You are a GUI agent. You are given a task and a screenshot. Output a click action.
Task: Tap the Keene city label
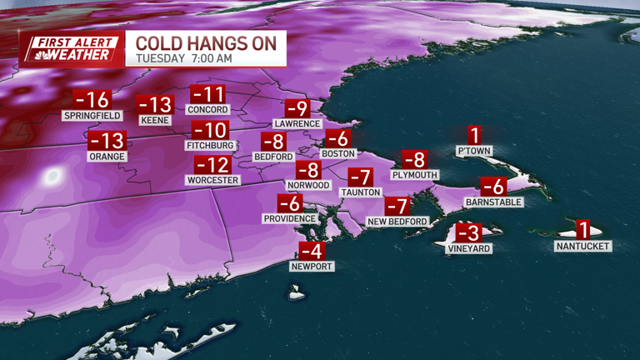(x=156, y=120)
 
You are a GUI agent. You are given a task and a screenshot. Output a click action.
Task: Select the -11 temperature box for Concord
(x=208, y=94)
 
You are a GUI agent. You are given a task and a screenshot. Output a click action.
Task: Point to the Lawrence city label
(x=297, y=123)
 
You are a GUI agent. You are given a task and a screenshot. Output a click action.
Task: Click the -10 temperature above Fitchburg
(x=210, y=131)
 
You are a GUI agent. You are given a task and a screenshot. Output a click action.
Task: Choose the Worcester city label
(x=213, y=180)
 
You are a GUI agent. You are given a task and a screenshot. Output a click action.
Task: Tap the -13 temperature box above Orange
(x=107, y=141)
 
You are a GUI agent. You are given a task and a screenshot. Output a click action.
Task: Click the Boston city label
(x=338, y=153)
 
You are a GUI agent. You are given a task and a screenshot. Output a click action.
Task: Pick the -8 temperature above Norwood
(x=307, y=171)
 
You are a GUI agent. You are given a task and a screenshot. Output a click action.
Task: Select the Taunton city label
(x=360, y=192)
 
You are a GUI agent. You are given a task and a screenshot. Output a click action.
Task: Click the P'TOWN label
(x=474, y=151)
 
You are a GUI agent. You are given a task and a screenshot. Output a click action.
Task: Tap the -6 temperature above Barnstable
(x=494, y=187)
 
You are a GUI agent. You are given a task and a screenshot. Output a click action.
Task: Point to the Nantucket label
(x=583, y=246)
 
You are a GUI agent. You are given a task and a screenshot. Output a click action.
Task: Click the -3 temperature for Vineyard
(x=469, y=234)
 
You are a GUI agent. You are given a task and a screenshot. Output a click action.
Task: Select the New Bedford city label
(x=397, y=221)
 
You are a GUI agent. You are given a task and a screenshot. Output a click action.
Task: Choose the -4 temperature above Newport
(x=312, y=251)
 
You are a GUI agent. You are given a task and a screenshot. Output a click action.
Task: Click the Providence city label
(x=289, y=218)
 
